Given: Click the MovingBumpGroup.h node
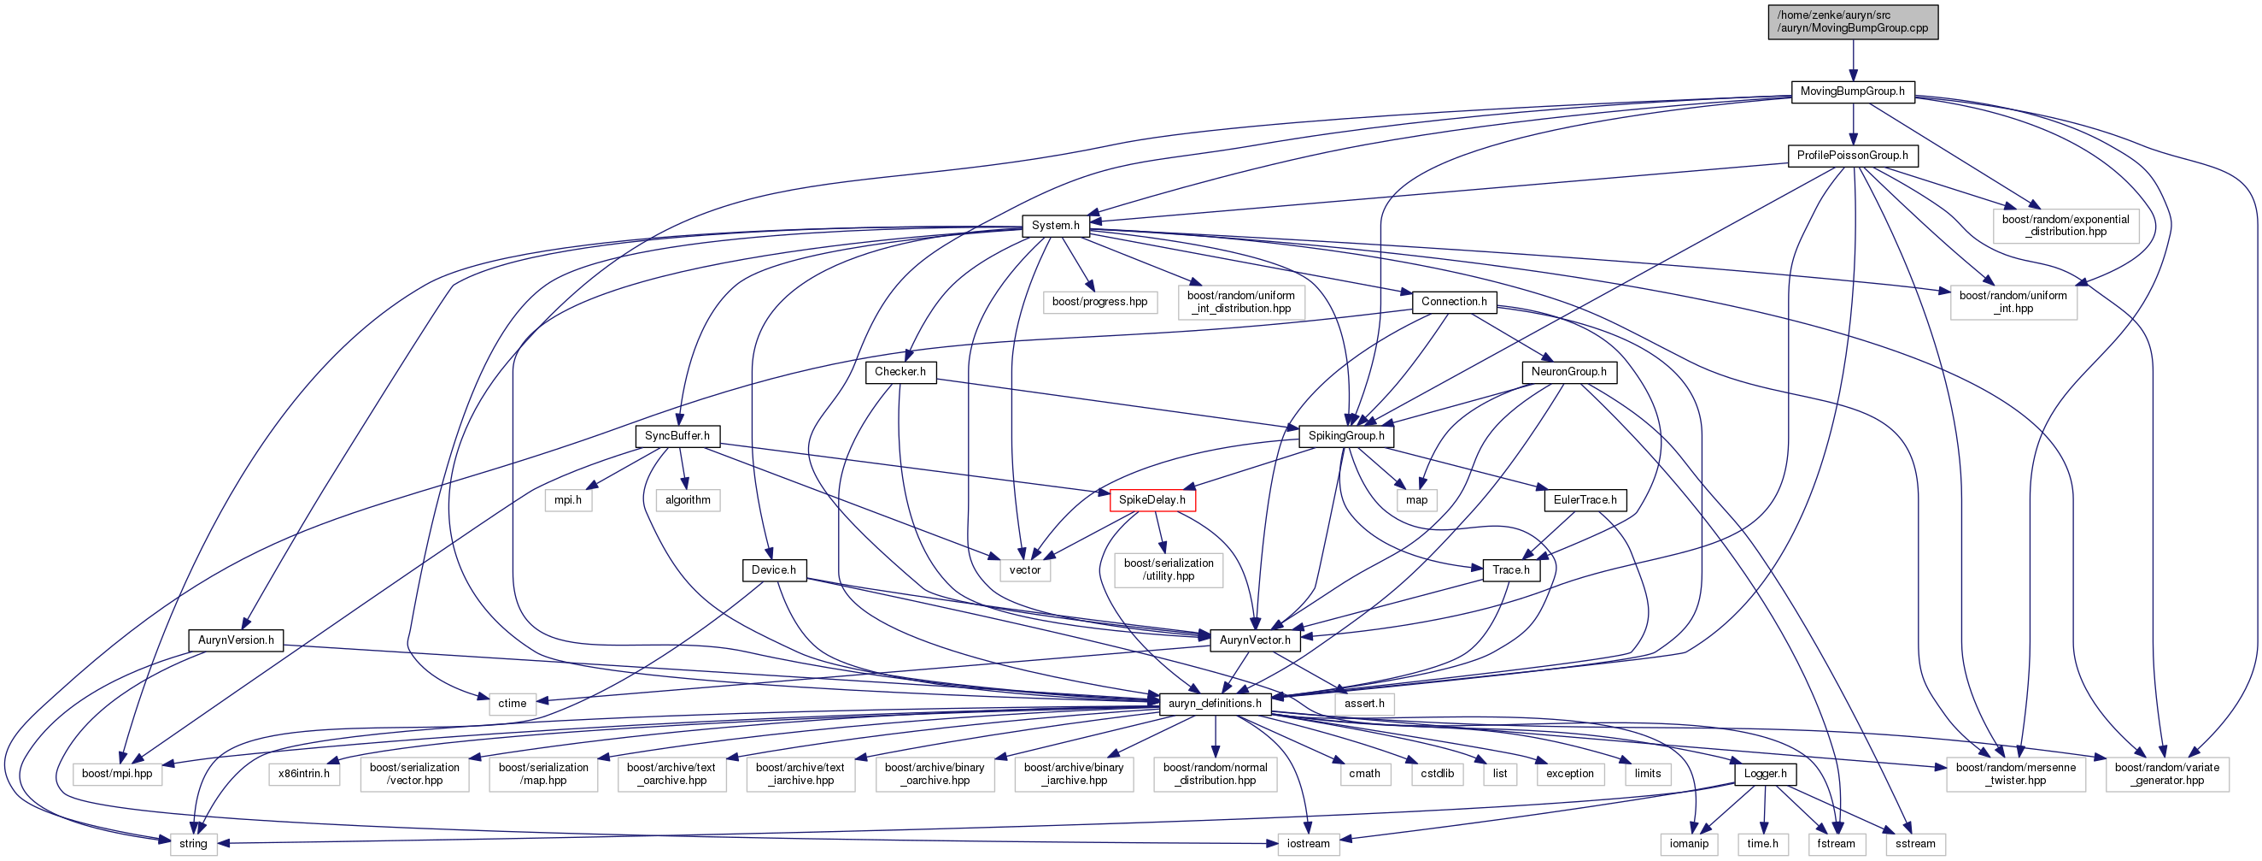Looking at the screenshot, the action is click(1853, 91).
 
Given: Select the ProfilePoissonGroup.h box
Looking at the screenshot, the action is click(1853, 156).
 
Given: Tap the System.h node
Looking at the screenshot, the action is click(1056, 226).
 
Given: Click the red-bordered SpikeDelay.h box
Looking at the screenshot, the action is click(1152, 500).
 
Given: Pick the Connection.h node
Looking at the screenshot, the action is click(1454, 302).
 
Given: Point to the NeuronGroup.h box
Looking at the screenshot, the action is click(1569, 373).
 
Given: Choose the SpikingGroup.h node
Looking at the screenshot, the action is click(1346, 436).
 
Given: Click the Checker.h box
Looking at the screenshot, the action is click(900, 373).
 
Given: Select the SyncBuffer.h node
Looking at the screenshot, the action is click(677, 436).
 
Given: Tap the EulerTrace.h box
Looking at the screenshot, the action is click(1585, 500).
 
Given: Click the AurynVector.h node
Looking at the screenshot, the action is click(1255, 640).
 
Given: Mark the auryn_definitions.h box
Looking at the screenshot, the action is click(1216, 704).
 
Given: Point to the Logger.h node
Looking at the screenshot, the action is click(1765, 774).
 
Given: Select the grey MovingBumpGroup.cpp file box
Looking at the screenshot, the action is click(1853, 22).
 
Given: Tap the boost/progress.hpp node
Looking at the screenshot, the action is click(1100, 302).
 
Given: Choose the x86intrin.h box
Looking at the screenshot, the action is click(304, 774).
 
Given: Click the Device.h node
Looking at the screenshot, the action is click(774, 570).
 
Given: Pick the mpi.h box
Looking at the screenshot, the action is click(568, 500).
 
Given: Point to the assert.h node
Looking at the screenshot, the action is click(1364, 704).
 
